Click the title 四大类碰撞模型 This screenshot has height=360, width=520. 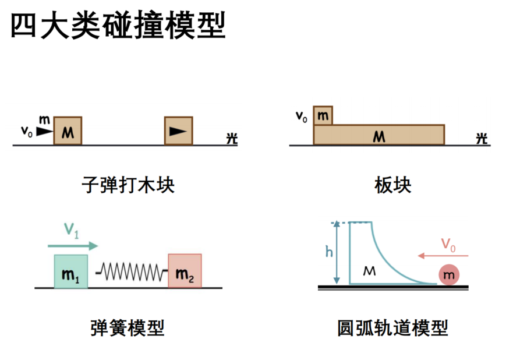[118, 25]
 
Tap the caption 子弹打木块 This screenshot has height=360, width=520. [128, 185]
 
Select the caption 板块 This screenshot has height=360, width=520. [392, 185]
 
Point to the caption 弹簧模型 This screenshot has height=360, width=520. [128, 328]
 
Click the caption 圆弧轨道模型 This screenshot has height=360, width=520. [392, 328]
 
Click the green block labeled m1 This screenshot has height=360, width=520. [71, 271]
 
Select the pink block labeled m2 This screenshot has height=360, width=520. [185, 271]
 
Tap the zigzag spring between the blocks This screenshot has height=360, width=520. [132, 272]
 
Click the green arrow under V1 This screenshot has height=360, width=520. [73, 246]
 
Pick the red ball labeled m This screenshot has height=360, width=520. [449, 275]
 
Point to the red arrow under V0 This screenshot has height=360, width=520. [443, 256]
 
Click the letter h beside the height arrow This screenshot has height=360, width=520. [328, 252]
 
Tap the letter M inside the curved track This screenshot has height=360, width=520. [369, 271]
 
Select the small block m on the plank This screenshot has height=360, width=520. [323, 115]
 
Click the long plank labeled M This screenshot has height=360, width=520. [379, 135]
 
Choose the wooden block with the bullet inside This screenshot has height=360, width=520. [179, 130]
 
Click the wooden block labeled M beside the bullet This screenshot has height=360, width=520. [68, 130]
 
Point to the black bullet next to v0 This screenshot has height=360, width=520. [44, 132]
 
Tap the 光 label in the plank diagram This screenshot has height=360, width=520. [482, 139]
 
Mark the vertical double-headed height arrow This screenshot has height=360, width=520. [337, 252]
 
